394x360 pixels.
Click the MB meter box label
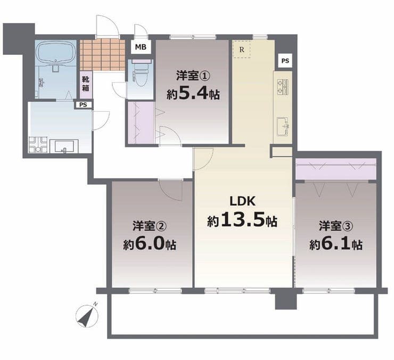click(x=141, y=47)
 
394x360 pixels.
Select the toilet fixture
click(x=141, y=73)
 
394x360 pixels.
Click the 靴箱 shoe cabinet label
click(x=86, y=84)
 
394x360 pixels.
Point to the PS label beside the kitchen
click(x=285, y=61)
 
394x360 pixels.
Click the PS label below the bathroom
click(x=83, y=105)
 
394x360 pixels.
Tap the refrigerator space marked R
click(x=242, y=50)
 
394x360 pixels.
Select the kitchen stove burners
click(x=283, y=87)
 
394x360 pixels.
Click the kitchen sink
click(x=283, y=126)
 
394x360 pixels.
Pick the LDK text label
click(x=243, y=201)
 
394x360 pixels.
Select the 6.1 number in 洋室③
click(x=335, y=243)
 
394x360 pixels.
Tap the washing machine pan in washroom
click(x=38, y=144)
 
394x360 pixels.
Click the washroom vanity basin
click(x=64, y=146)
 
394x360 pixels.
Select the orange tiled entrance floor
click(x=103, y=55)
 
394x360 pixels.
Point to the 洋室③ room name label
click(x=336, y=225)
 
